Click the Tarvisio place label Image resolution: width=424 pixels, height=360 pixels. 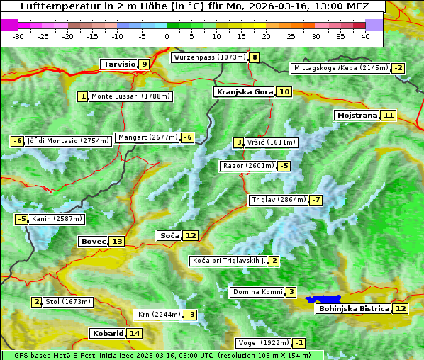tap(118, 64)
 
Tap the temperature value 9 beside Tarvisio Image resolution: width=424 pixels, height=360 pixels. tap(144, 64)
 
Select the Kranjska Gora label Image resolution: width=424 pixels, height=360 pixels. tap(244, 91)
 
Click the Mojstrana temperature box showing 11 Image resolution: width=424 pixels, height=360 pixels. tap(388, 115)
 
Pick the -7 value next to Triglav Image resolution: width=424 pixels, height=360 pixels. tap(316, 200)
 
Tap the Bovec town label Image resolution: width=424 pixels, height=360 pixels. tap(93, 241)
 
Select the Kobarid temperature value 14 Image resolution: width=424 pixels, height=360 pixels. tap(135, 333)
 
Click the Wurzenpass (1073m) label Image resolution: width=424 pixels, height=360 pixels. tap(210, 57)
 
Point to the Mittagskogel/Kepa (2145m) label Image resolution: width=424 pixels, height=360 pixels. tap(341, 68)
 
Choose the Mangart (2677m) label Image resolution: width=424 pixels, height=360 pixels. tap(147, 137)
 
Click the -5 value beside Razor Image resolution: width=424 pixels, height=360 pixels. tap(284, 166)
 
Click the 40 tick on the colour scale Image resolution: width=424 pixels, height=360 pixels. tap(365, 35)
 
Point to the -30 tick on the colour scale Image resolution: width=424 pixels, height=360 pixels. tap(18, 35)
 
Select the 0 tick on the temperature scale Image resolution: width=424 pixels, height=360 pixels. tap(167, 35)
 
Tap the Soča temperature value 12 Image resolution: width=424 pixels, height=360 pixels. tap(191, 235)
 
